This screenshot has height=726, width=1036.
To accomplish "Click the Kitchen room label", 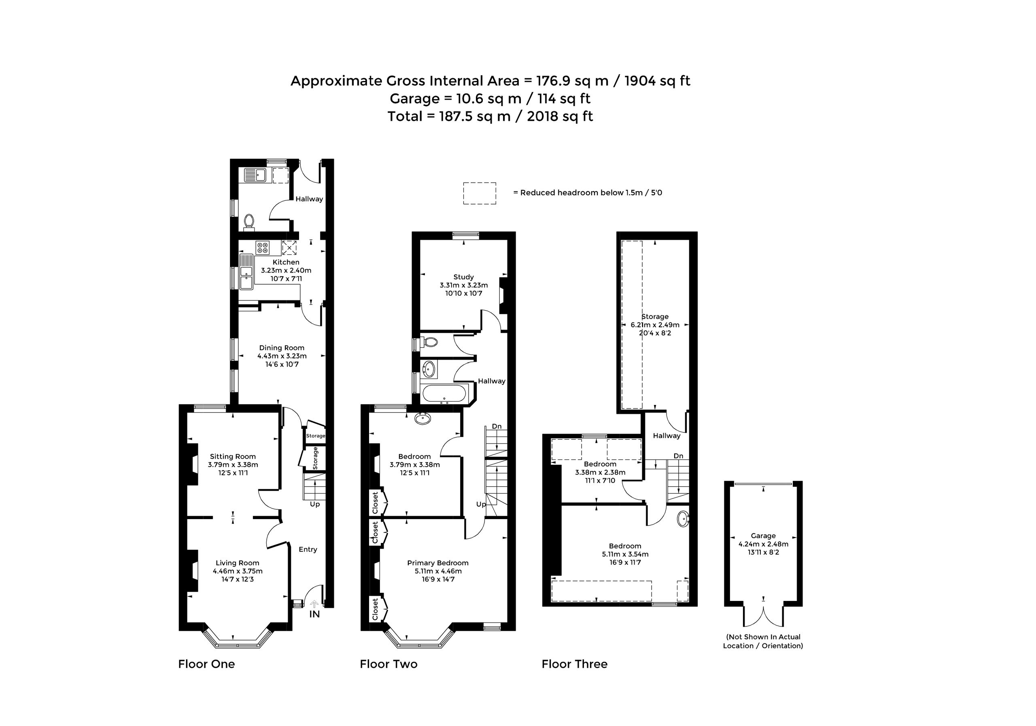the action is (x=286, y=262).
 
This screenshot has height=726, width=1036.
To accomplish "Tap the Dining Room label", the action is (x=282, y=348).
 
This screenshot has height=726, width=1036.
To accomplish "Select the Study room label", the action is (x=463, y=277).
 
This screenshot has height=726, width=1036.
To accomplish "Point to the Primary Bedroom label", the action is (x=438, y=563).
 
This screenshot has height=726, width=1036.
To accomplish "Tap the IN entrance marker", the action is (x=314, y=614).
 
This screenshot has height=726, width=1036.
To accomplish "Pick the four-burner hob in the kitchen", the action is (x=262, y=247).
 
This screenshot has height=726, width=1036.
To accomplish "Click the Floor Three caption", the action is (x=574, y=664).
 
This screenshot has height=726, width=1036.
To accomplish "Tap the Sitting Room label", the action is (x=232, y=456).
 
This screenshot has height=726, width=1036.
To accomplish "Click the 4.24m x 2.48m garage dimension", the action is (x=763, y=544).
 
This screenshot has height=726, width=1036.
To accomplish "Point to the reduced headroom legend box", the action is (x=480, y=193).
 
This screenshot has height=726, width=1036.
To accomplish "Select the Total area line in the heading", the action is (x=490, y=117).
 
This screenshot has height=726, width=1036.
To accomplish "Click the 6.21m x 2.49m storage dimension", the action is (x=655, y=325).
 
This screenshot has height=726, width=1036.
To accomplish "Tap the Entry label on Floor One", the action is (x=308, y=549).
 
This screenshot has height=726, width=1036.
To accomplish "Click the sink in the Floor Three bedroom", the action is (x=683, y=519).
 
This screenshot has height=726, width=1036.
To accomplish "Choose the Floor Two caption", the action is (x=388, y=664).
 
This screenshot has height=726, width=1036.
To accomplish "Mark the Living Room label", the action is (x=237, y=563).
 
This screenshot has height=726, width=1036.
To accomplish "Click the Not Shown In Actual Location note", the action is (x=763, y=641).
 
